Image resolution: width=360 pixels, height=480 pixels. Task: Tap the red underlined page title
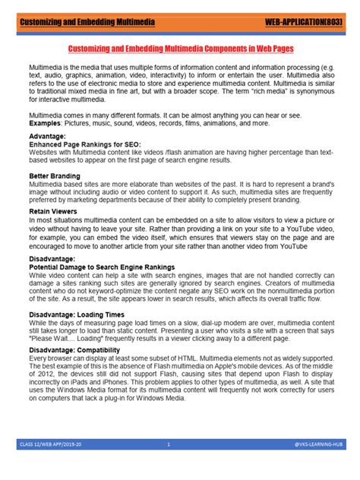point(180,47)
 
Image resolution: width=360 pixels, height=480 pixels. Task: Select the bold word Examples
point(46,122)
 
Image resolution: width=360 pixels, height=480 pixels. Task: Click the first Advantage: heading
point(47,136)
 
